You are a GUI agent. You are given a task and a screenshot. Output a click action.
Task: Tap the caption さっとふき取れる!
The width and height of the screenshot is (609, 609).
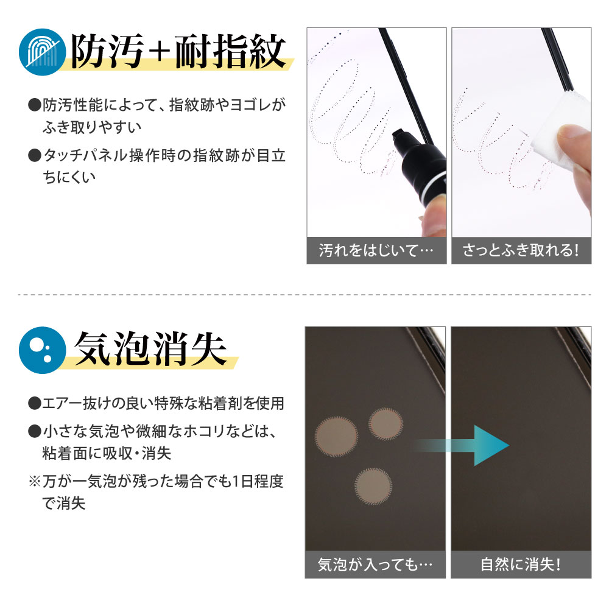521,251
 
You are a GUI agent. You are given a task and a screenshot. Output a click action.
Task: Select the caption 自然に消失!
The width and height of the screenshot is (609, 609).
521,565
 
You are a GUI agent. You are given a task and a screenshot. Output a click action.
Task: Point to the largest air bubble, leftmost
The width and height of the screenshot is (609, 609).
336,436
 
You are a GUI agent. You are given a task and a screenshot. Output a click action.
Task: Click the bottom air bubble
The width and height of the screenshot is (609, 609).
373,486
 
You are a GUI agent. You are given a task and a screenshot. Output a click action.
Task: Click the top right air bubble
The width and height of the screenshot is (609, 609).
386,424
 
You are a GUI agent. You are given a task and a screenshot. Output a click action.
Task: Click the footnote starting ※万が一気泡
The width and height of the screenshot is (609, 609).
155,493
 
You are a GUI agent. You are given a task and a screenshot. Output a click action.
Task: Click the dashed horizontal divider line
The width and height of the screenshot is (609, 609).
304,295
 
